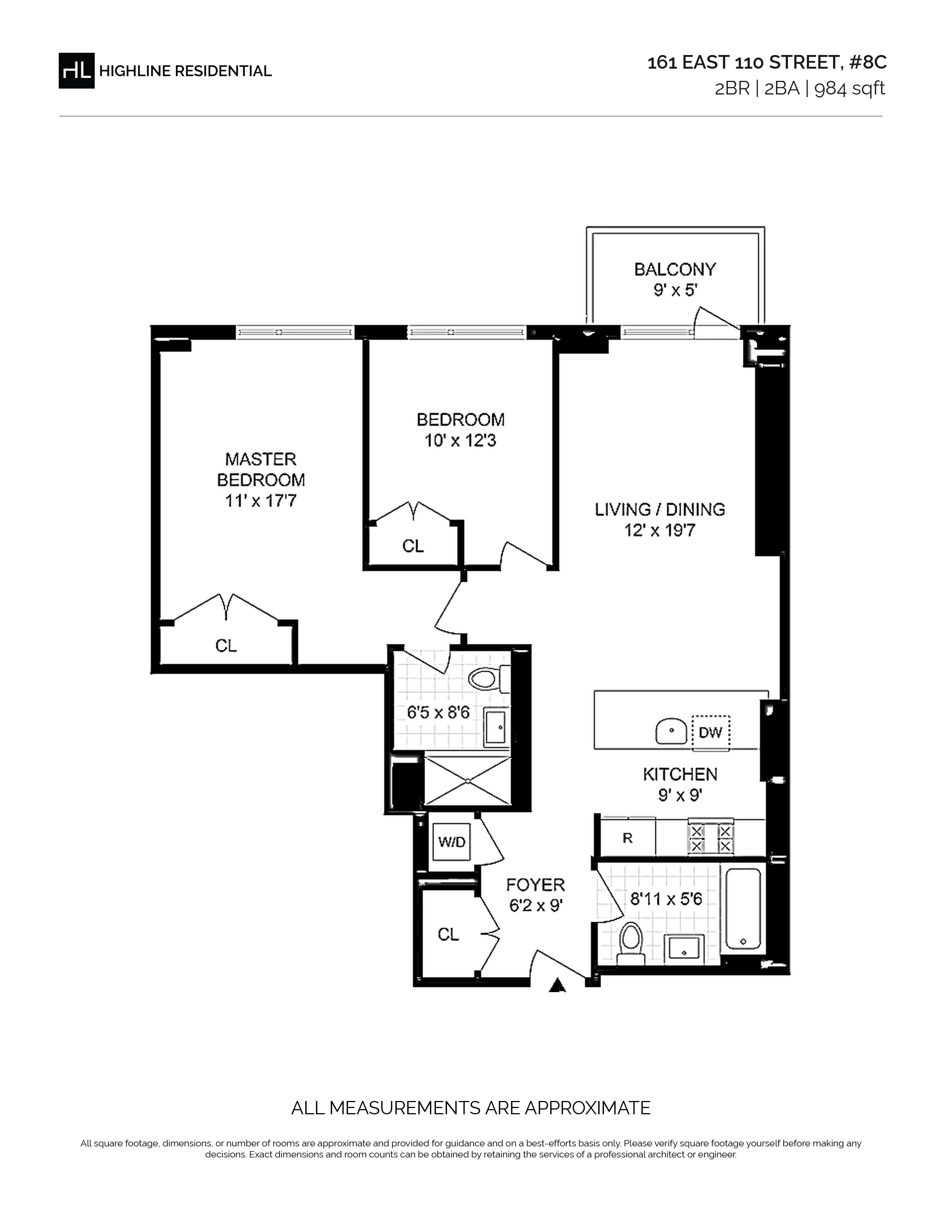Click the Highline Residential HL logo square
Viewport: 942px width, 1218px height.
tap(76, 70)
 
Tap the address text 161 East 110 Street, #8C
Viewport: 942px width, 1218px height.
tap(767, 62)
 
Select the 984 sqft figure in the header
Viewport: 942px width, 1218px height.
tap(850, 89)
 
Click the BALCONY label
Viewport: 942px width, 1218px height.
tap(675, 269)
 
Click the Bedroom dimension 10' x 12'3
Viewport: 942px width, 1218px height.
tap(460, 441)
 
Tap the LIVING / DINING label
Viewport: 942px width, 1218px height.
tap(660, 509)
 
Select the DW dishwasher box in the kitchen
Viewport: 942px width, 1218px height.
tap(710, 732)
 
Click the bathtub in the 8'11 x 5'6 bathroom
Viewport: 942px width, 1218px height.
tap(743, 911)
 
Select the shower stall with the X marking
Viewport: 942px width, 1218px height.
tap(468, 781)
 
